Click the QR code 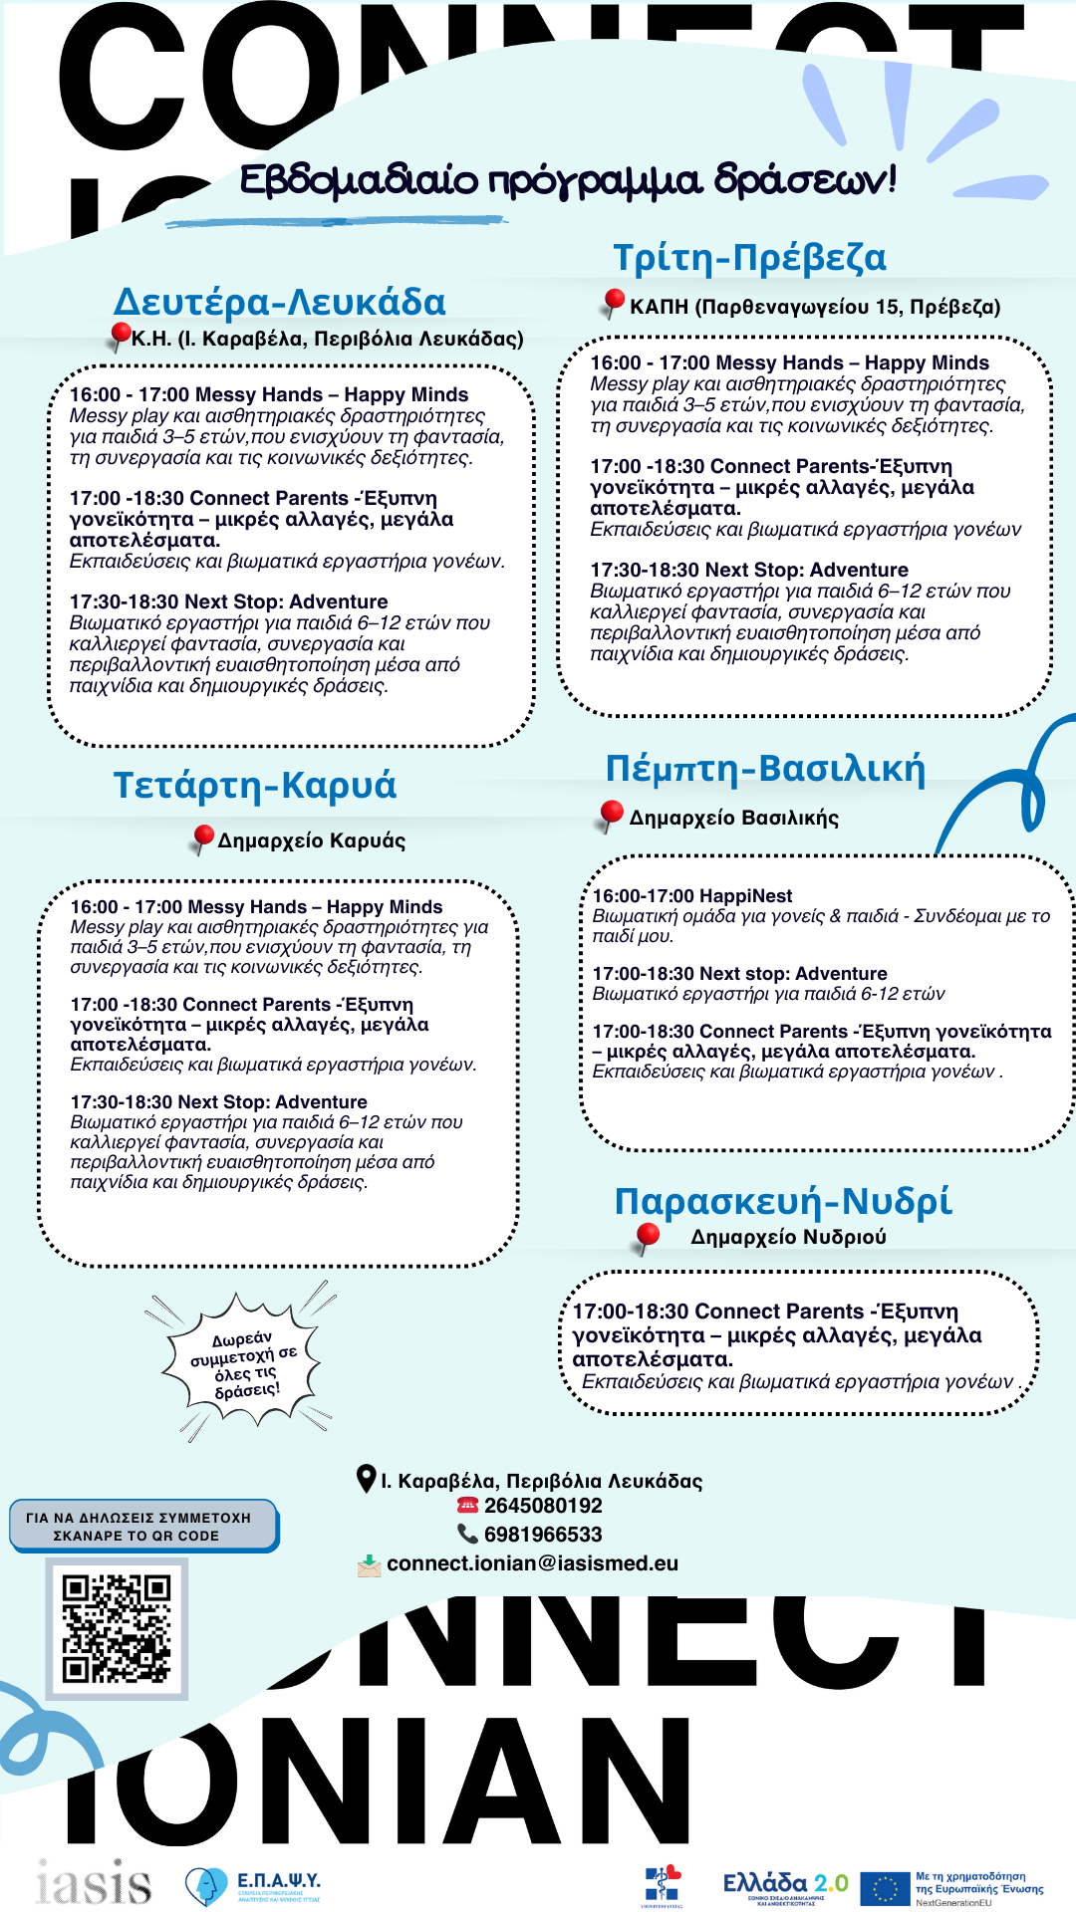click(x=117, y=1628)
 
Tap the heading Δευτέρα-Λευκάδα click(x=280, y=302)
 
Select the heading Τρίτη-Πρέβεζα click(x=749, y=258)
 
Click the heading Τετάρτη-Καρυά click(x=255, y=785)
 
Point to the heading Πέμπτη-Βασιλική click(x=765, y=769)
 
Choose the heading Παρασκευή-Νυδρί click(x=783, y=1201)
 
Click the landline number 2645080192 click(x=543, y=1506)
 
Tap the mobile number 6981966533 click(x=543, y=1535)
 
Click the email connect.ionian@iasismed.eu click(x=532, y=1563)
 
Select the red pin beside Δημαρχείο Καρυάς click(x=203, y=836)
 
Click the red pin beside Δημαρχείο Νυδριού click(x=648, y=1237)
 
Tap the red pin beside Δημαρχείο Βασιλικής click(x=612, y=815)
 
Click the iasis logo click(x=94, y=1882)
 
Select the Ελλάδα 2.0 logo click(x=785, y=1885)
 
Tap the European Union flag click(x=885, y=1887)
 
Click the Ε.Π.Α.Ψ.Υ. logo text click(x=278, y=1880)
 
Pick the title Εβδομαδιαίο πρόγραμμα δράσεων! click(x=568, y=180)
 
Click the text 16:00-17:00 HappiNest click(x=692, y=896)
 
